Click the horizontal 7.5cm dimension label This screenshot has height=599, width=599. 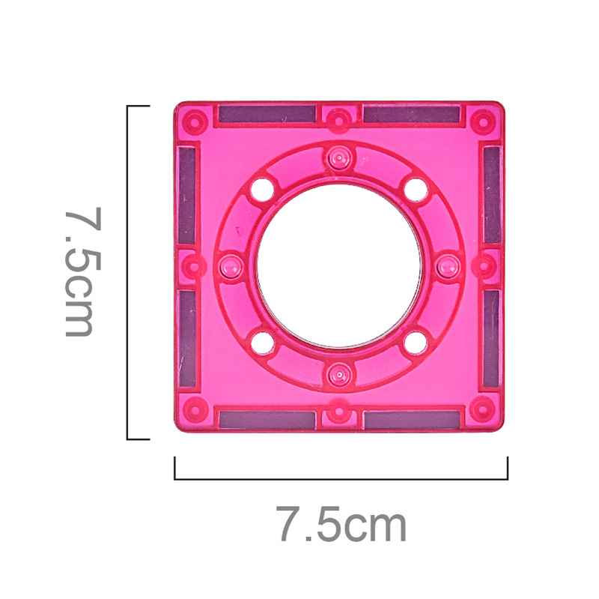point(341,523)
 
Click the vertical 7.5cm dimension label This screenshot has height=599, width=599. point(82,272)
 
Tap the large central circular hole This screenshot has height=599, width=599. point(339,266)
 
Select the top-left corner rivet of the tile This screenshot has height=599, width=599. point(195,122)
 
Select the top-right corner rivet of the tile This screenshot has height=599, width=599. point(483,122)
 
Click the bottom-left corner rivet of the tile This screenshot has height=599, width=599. point(195,409)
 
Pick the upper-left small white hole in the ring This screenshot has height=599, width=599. point(263,190)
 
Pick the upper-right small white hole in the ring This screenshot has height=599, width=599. point(416,190)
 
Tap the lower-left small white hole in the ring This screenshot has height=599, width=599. point(263,343)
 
